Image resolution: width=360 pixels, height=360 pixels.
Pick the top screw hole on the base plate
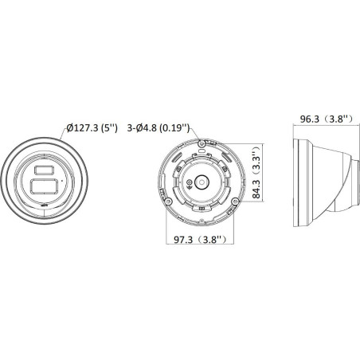coord(203,143)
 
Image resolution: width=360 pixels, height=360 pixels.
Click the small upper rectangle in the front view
coord(42,170)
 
